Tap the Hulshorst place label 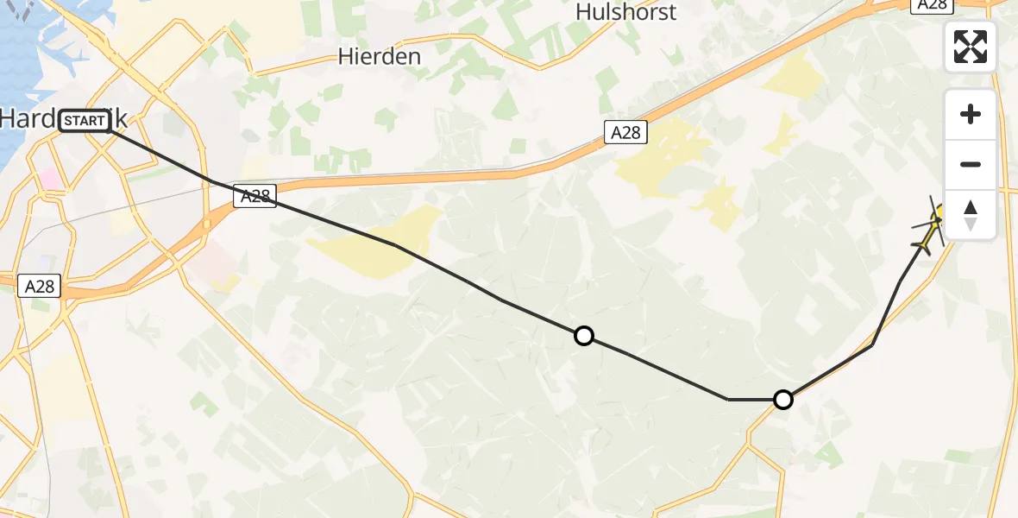pos(625,12)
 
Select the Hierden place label pos(380,57)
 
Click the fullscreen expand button pos(971,47)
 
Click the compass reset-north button pos(971,215)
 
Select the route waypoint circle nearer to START pos(584,336)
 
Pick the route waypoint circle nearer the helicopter pos(782,400)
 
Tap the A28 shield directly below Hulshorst pos(625,132)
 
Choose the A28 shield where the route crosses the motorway pos(255,197)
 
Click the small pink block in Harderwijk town pos(51,180)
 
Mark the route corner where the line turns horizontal pos(729,400)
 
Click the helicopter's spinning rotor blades pos(934,221)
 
